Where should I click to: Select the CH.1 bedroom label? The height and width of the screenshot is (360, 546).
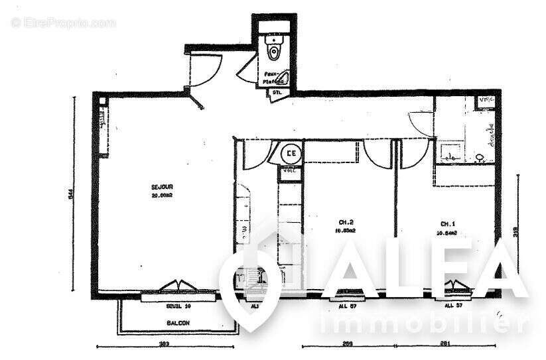[x=448, y=223]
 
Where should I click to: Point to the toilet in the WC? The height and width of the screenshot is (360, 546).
[x=273, y=47]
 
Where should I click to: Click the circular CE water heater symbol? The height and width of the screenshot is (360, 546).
[x=291, y=154]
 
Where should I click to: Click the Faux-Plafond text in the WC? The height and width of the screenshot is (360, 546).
[x=271, y=78]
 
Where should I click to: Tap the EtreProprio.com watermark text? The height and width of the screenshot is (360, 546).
[x=64, y=23]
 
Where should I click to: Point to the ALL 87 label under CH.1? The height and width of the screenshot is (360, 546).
[x=454, y=306]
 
